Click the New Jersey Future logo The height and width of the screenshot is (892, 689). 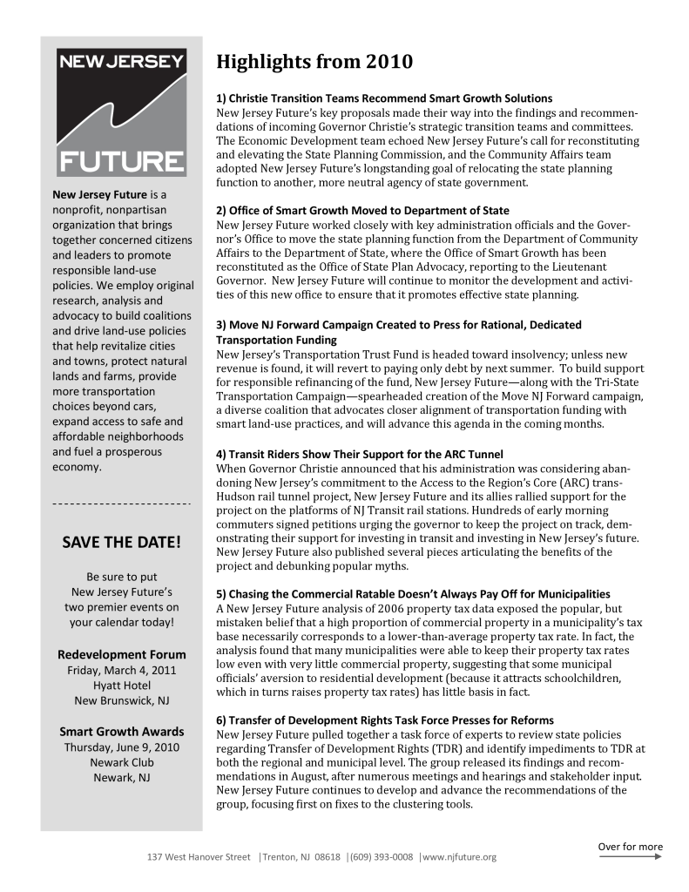coord(121,111)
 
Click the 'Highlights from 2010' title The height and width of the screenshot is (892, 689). coord(314,62)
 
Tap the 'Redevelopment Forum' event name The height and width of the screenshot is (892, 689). coord(121,654)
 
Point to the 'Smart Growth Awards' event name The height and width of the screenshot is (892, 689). coord(121,731)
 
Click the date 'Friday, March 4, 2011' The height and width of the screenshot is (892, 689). coord(121,670)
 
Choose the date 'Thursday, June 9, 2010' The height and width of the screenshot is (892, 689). coord(121,747)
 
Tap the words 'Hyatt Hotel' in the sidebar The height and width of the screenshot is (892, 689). coord(121,686)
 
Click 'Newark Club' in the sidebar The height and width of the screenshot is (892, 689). coord(121,762)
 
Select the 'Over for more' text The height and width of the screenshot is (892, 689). coord(630,846)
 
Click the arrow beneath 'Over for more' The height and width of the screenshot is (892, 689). coord(630,857)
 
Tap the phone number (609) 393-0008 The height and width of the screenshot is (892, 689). coord(381,857)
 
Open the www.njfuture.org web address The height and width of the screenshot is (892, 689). coord(460,857)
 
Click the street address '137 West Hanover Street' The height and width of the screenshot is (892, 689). coord(198,857)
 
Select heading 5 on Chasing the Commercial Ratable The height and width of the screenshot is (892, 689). coord(413,593)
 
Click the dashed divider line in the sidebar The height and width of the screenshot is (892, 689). coord(121,503)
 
